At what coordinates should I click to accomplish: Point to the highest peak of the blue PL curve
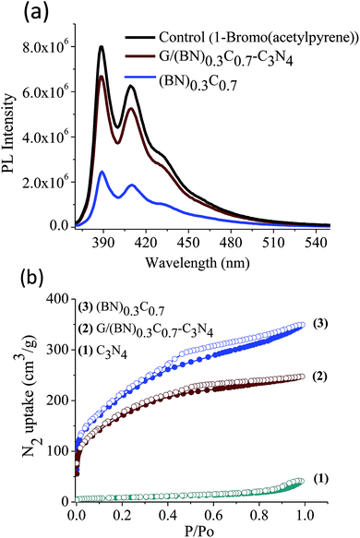[102, 172]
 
